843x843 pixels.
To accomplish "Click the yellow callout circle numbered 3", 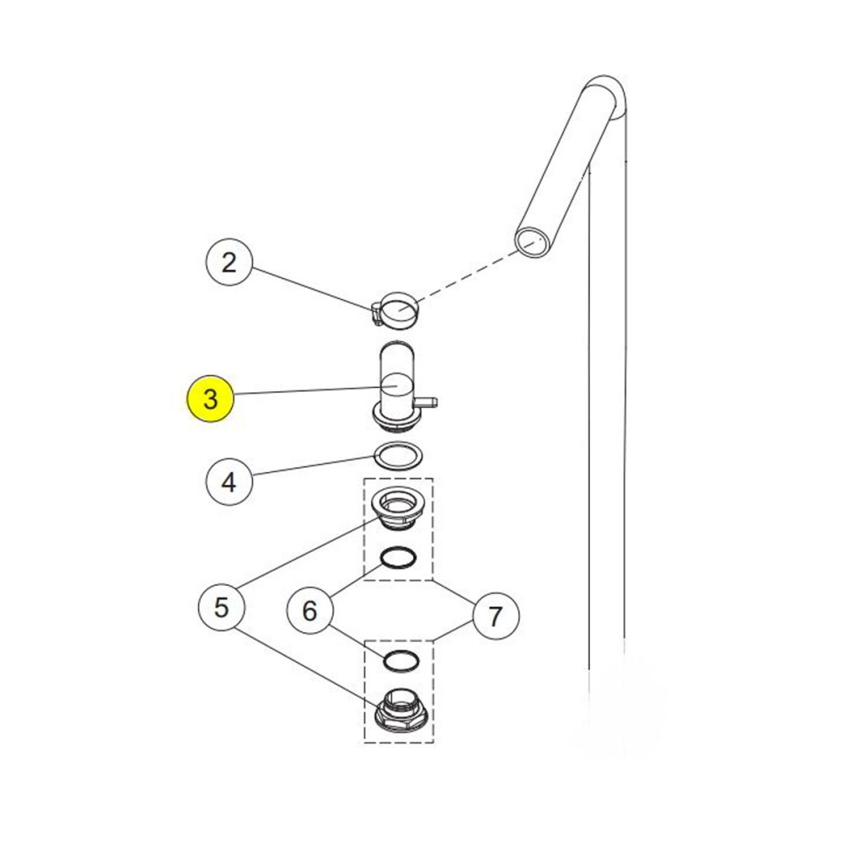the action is point(210,399).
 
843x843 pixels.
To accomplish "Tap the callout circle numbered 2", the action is point(229,263).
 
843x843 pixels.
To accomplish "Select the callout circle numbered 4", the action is point(229,481).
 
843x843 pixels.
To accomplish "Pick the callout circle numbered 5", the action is point(222,608).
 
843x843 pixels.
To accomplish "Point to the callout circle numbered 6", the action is point(309,610).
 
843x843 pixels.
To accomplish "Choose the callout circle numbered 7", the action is point(495,615).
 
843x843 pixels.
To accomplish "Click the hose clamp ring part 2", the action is point(396,311).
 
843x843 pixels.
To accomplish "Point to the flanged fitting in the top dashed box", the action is point(399,507).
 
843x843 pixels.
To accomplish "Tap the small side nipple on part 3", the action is point(429,401).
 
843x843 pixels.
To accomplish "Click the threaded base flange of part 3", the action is point(395,419).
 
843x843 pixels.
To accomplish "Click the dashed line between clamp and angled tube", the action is point(466,274).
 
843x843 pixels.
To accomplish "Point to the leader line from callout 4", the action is point(314,465).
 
